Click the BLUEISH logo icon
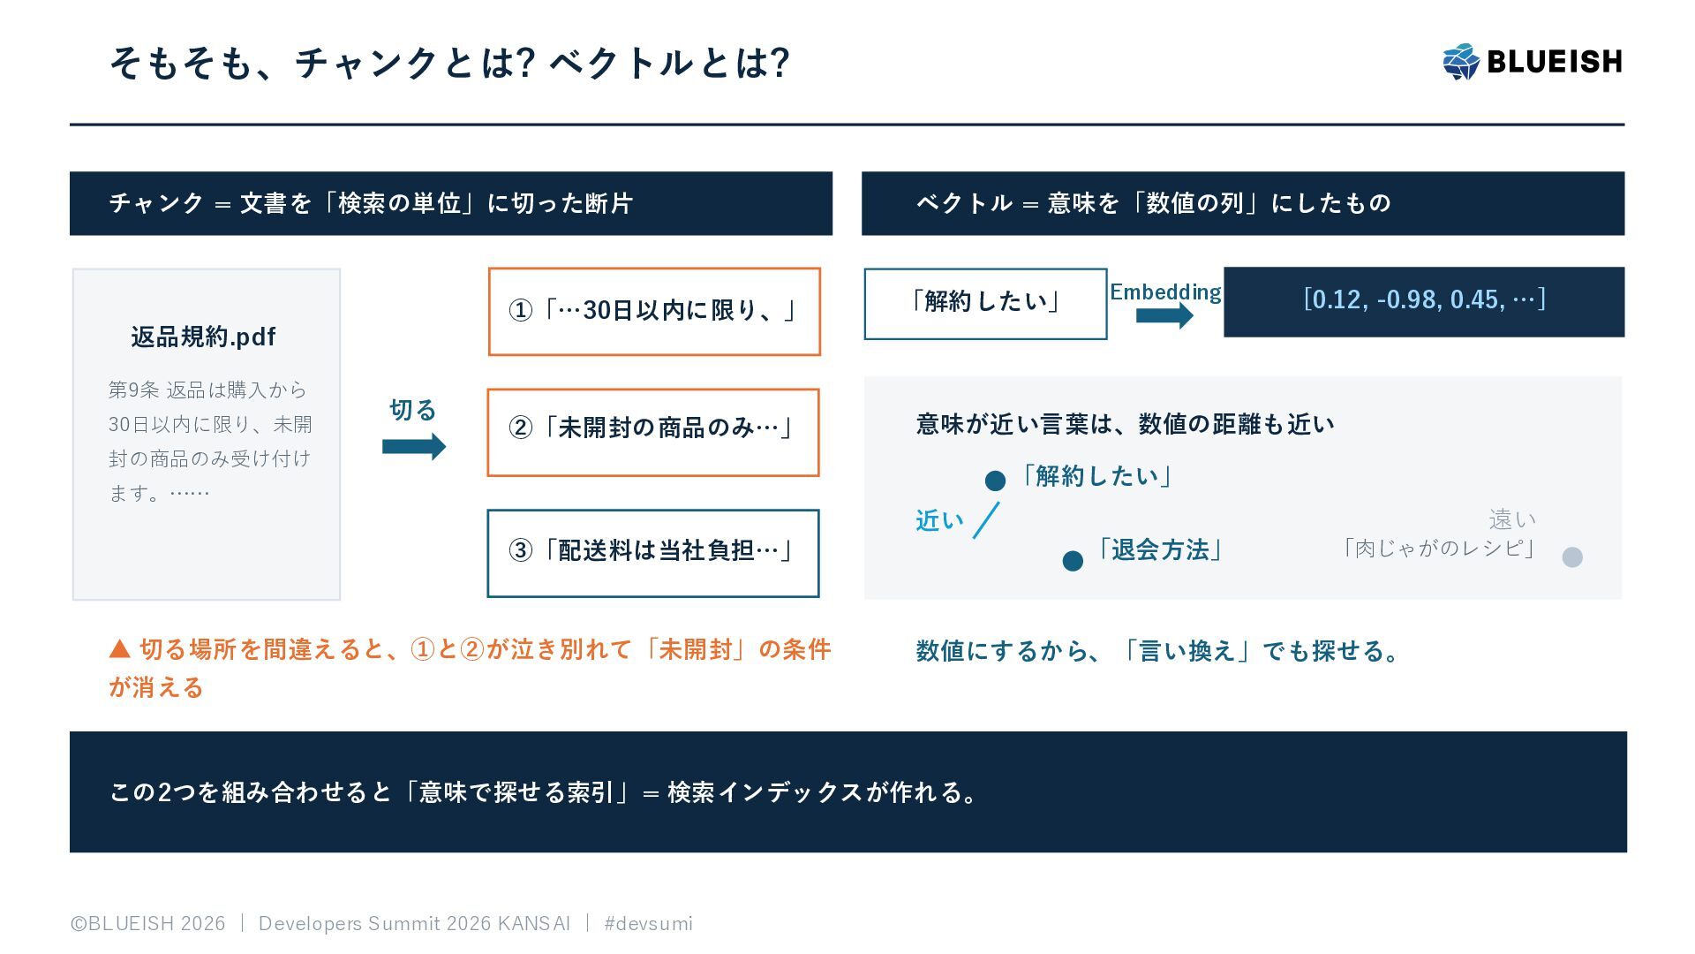tap(1461, 62)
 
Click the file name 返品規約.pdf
tap(203, 337)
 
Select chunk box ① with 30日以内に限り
tap(654, 312)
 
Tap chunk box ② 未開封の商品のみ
tap(653, 433)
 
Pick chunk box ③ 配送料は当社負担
tap(653, 554)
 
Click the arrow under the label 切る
tap(414, 447)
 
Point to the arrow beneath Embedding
tap(1164, 315)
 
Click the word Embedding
tap(1165, 291)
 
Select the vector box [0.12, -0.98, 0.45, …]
tap(1424, 302)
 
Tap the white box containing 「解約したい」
tap(985, 304)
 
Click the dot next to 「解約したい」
tap(995, 481)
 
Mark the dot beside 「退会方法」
tap(1073, 561)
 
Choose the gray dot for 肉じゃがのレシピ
tap(1572, 557)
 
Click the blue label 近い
tap(939, 521)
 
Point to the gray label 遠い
tap(1512, 519)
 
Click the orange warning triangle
tap(120, 650)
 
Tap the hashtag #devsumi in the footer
tap(648, 924)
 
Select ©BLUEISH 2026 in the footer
tap(148, 924)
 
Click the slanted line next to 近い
tap(986, 520)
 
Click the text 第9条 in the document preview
tap(133, 390)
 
